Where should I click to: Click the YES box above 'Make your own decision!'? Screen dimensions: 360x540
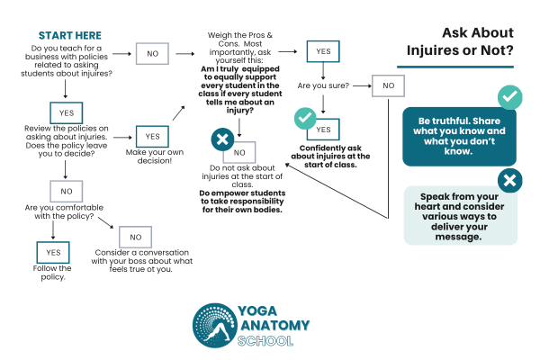(151, 136)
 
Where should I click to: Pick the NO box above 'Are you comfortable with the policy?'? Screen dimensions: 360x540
(66, 191)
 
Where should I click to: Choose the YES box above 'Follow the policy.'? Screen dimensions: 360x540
(52, 252)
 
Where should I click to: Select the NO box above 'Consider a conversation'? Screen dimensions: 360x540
(136, 238)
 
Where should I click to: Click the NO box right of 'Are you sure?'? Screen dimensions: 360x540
(389, 86)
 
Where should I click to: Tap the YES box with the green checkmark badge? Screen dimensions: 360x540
(322, 130)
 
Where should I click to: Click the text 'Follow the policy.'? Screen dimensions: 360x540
(52, 274)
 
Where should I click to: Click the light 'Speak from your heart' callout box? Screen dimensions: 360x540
(460, 214)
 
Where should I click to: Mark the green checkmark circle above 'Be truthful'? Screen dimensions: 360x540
(509, 98)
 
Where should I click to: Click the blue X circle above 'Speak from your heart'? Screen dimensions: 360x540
(509, 180)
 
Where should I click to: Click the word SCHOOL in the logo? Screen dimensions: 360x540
(269, 341)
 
